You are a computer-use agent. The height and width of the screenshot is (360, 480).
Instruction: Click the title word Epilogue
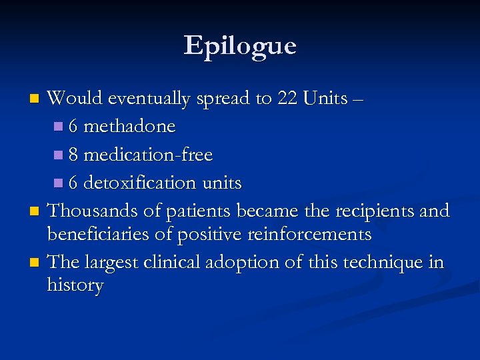coord(240,46)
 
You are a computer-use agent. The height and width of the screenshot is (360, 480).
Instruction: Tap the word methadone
coord(130,127)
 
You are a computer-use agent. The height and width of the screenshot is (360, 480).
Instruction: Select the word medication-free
coord(149,155)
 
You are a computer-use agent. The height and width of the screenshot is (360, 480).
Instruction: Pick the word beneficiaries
coord(97,235)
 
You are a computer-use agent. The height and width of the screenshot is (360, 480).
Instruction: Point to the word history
coord(75,286)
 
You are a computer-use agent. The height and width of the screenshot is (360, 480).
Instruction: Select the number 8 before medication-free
coord(73,155)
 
